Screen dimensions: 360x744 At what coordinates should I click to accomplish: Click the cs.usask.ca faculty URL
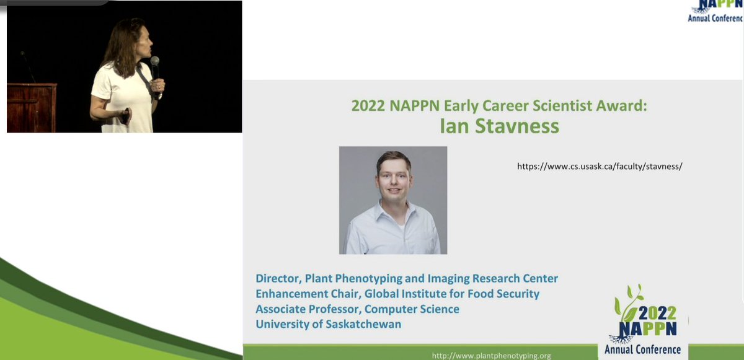(599, 166)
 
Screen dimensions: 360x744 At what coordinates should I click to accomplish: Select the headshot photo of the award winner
(393, 200)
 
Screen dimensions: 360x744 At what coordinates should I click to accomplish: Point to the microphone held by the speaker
(155, 64)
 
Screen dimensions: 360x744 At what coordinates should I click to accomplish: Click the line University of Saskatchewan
(328, 323)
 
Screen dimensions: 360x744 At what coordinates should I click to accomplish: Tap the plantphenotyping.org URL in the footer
(491, 356)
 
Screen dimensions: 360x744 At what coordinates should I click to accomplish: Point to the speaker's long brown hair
(115, 43)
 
